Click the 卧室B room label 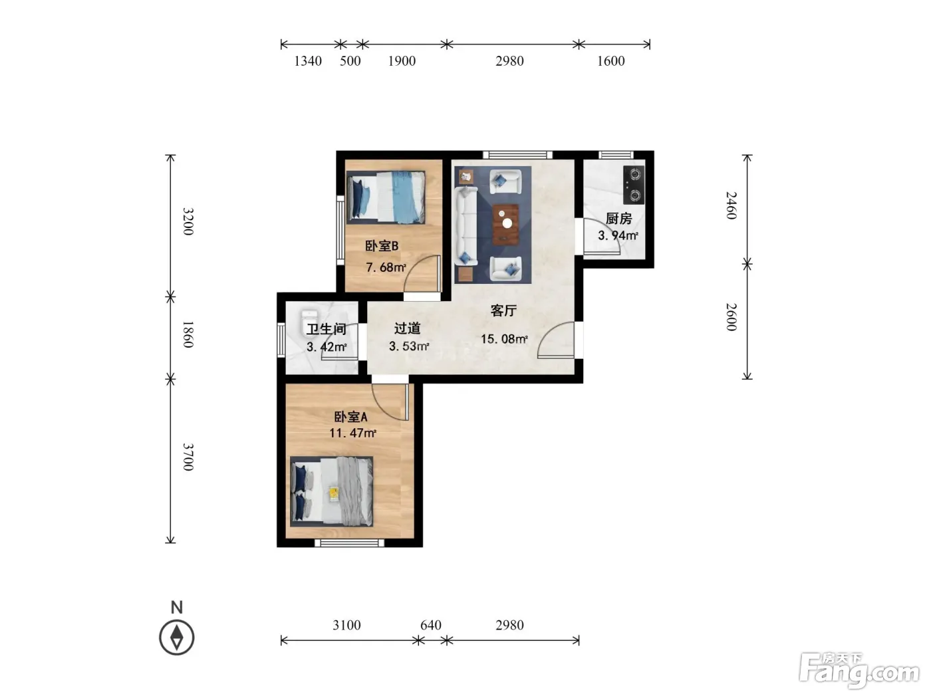[x=381, y=246]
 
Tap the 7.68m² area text [x=386, y=267]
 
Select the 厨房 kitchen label [x=618, y=219]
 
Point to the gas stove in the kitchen [x=634, y=185]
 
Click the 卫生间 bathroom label [x=326, y=329]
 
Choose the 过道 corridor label [x=407, y=328]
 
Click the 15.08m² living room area [x=504, y=339]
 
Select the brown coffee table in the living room [x=505, y=225]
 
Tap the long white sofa [x=466, y=227]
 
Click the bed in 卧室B [x=386, y=197]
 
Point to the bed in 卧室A [x=332, y=492]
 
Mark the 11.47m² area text [x=353, y=433]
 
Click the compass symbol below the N [x=176, y=638]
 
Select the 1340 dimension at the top [x=308, y=61]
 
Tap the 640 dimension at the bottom [x=430, y=625]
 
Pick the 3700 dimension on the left [x=188, y=457]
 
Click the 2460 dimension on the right [x=731, y=205]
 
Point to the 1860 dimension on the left [x=188, y=334]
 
